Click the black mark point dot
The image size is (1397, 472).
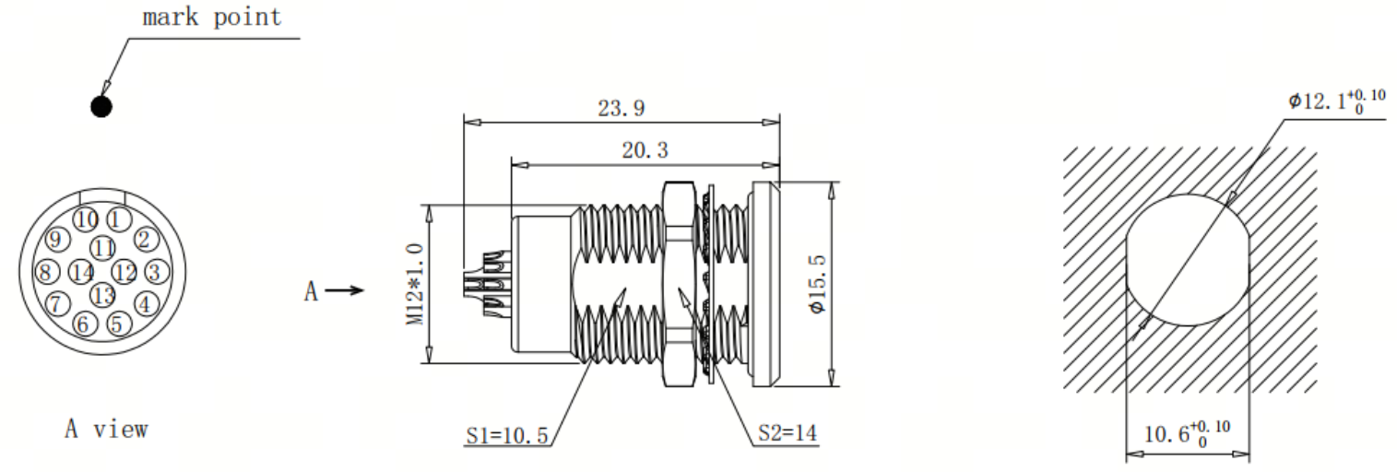[101, 107]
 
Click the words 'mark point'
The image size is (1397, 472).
[212, 17]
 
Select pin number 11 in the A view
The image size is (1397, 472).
[103, 248]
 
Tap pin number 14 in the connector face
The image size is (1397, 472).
[81, 273]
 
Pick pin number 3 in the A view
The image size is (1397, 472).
[156, 272]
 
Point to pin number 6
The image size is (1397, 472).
[85, 324]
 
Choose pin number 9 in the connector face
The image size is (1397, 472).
[57, 240]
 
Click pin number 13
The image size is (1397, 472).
[103, 295]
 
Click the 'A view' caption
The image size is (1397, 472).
[107, 429]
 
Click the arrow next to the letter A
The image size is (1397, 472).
[344, 290]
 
